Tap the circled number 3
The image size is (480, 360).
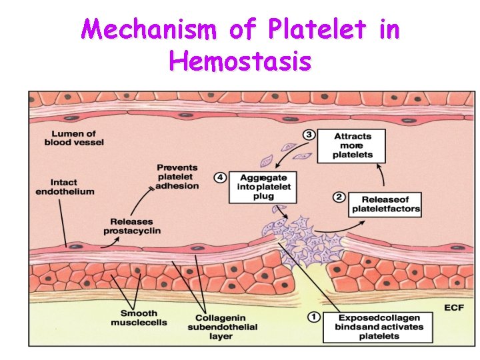coord(309,135)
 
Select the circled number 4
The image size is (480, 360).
coord(220,177)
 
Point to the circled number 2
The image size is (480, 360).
coord(338,197)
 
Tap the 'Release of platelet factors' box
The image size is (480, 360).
coord(386,204)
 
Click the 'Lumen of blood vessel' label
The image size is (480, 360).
coord(74,138)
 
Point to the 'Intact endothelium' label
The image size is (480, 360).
coord(65,186)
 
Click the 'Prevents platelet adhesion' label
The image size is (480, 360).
coord(177,176)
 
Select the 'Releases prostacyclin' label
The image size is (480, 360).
coord(132,226)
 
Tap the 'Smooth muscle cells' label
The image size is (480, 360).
coord(139,318)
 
